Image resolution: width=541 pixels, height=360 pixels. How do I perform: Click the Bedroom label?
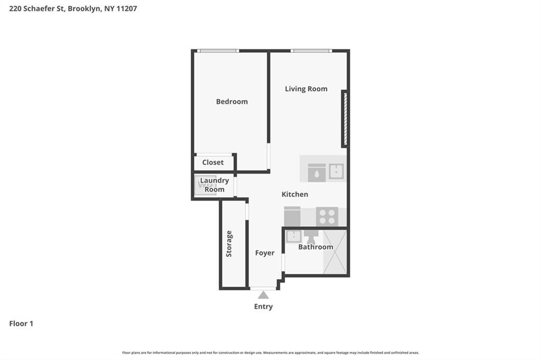(x=231, y=101)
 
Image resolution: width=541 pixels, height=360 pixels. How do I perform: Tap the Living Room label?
(x=306, y=89)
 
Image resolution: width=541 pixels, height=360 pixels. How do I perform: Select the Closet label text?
(x=213, y=163)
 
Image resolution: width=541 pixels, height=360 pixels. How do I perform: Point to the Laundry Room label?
(x=214, y=185)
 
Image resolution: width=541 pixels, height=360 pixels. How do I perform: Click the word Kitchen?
(x=294, y=194)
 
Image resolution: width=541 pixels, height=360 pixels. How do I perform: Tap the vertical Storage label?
(x=229, y=244)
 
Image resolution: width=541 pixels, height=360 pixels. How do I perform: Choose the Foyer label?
(x=265, y=253)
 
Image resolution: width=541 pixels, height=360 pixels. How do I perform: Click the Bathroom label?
(x=315, y=247)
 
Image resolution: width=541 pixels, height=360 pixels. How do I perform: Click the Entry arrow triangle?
(x=263, y=295)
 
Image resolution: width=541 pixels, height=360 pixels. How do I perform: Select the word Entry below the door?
(x=263, y=307)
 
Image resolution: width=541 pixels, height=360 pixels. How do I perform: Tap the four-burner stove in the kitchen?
(x=327, y=216)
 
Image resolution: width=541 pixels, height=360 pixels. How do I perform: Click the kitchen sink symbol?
(x=335, y=170)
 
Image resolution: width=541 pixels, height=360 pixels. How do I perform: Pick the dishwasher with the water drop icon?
(x=316, y=173)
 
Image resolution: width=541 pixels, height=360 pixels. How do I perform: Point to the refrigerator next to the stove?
(x=292, y=216)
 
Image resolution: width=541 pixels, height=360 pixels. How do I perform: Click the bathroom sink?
(x=293, y=236)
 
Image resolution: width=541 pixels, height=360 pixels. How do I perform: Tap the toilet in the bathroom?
(x=311, y=235)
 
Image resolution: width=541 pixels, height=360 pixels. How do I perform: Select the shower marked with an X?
(x=335, y=252)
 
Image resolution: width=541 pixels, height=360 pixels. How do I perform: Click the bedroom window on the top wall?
(x=218, y=51)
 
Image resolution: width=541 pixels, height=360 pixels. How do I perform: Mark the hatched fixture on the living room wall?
(x=344, y=119)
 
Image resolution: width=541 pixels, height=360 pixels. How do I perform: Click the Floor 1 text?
(x=21, y=324)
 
